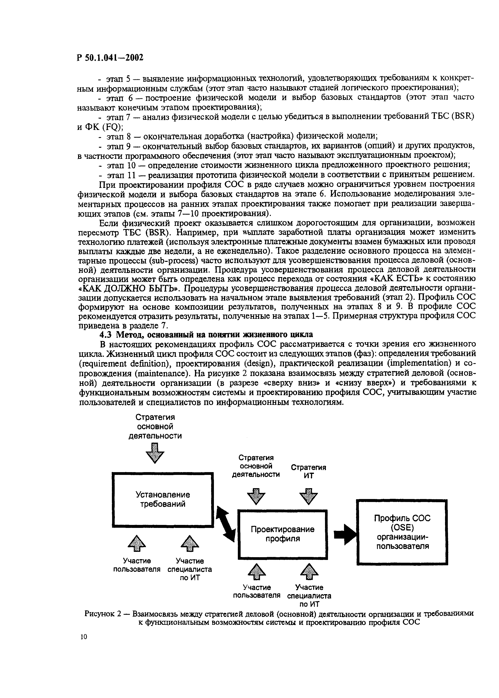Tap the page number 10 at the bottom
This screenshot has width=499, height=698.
click(x=84, y=636)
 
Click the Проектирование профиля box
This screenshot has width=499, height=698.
click(x=282, y=534)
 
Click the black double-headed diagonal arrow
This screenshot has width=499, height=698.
click(x=226, y=524)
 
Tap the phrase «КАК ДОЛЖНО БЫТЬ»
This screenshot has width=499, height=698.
click(x=129, y=289)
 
